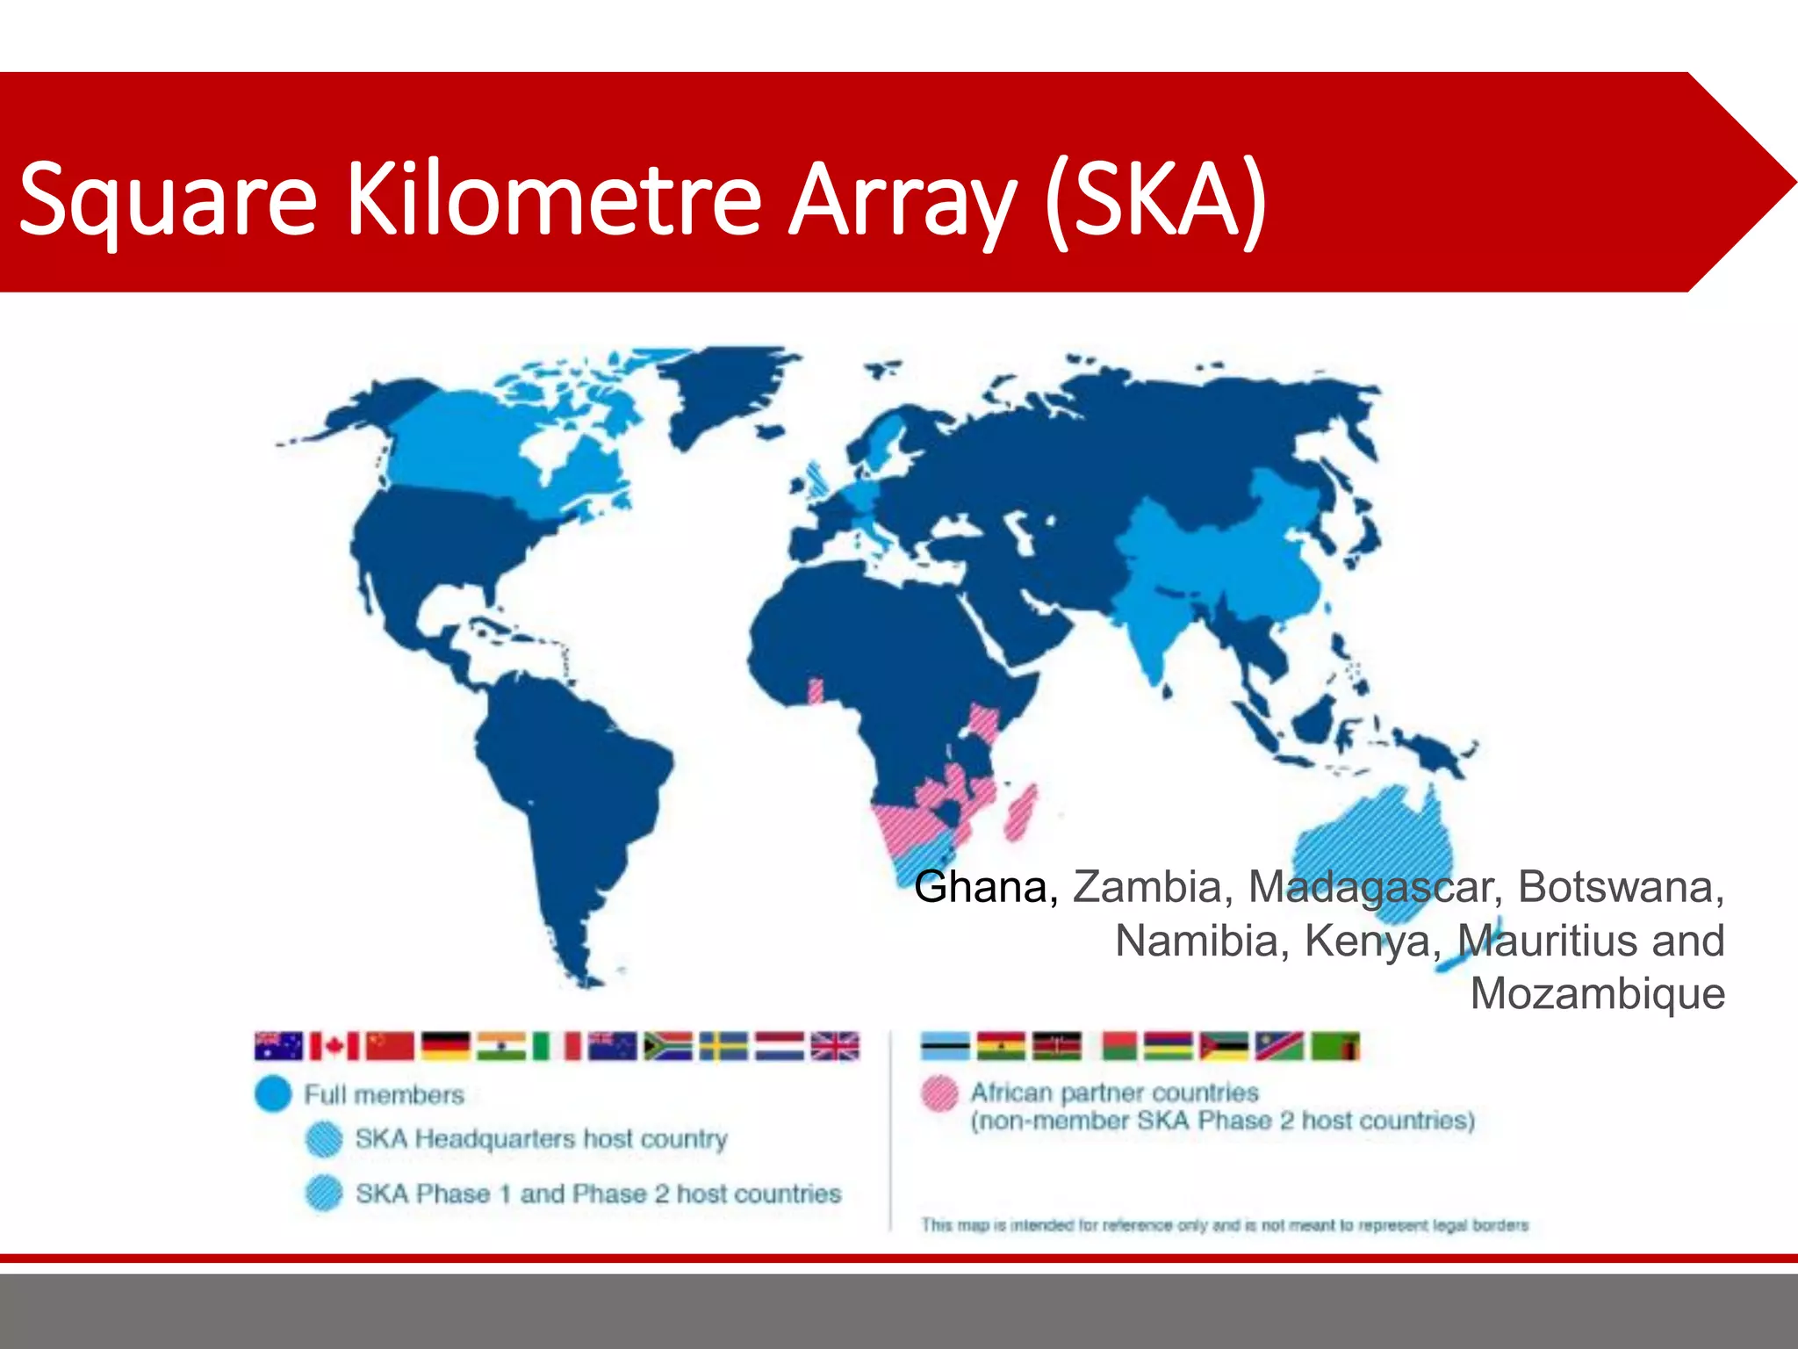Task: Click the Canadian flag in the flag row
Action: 334,1046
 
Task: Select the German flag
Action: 445,1046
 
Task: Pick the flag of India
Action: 500,1046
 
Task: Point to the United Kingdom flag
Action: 835,1046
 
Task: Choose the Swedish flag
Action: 723,1046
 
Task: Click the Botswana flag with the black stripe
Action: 945,1046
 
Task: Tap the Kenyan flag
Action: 1056,1046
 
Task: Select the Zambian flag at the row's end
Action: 1334,1046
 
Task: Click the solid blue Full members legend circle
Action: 273,1094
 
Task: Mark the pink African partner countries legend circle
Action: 939,1094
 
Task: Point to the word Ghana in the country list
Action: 985,887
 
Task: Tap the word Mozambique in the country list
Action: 1597,994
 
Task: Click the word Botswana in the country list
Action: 1620,887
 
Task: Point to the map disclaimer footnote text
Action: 1225,1225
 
